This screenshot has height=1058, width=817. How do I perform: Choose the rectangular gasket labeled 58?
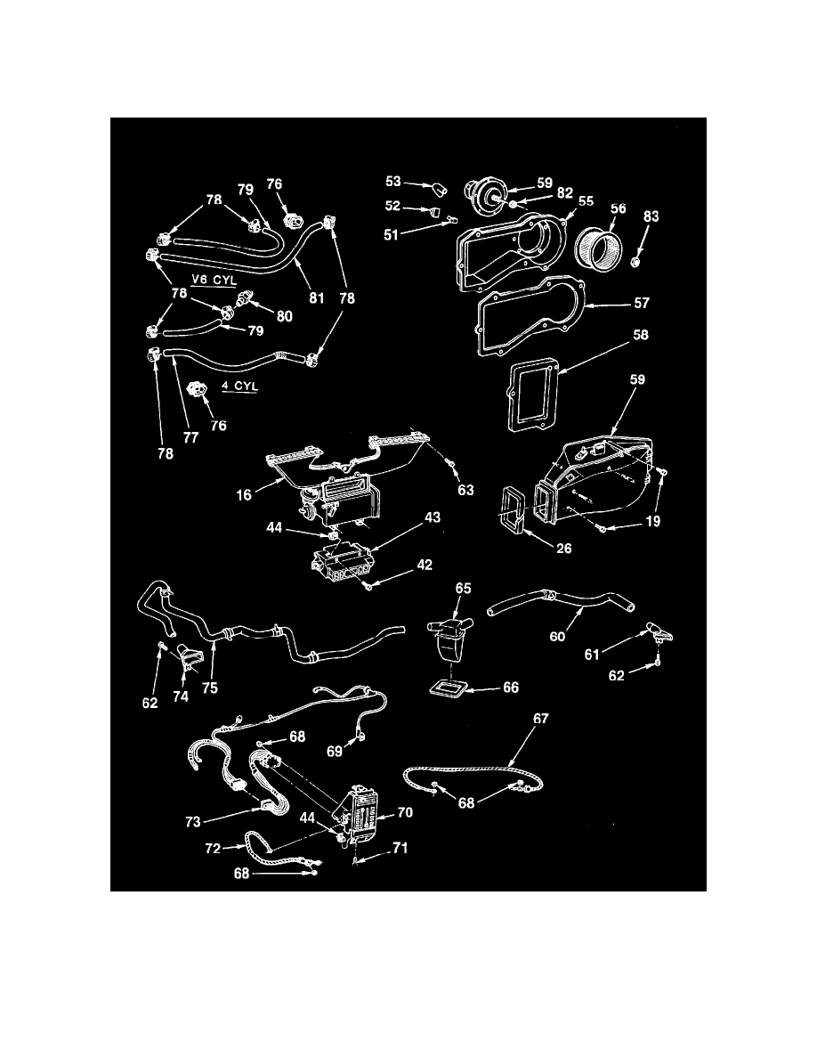point(532,393)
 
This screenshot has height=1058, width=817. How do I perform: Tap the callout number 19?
point(654,522)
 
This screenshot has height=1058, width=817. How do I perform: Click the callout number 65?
point(464,589)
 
